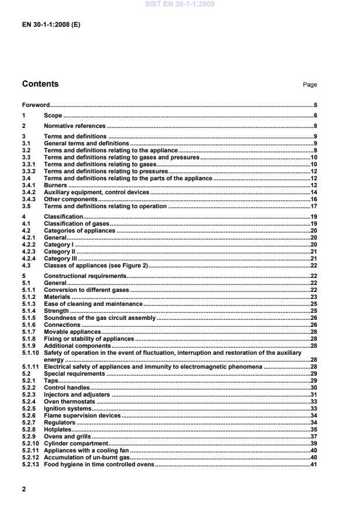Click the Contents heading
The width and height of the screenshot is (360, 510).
[40, 84]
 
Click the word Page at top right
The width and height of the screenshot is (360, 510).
[310, 85]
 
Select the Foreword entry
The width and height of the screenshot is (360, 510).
[35, 105]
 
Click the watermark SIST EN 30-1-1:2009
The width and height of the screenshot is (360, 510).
[180, 3]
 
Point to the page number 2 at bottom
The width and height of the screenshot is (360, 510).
[24, 489]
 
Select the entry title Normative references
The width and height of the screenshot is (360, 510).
[74, 126]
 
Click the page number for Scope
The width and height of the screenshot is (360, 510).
[315, 116]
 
